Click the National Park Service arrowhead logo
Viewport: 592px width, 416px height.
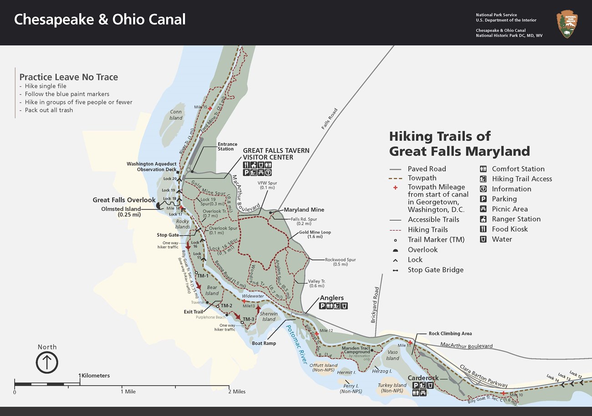567,25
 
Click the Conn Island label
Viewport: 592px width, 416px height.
176,115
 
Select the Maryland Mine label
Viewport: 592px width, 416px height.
304,210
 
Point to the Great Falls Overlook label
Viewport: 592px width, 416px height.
124,200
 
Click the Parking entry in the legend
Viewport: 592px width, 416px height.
504,199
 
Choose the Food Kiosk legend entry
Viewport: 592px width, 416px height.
510,229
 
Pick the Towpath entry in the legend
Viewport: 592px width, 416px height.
422,178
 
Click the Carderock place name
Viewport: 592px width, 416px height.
423,378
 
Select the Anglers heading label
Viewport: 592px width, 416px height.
332,298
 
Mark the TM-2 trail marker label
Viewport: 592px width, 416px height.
226,306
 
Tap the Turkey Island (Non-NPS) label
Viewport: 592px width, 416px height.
392,388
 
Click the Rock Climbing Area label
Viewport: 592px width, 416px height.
450,333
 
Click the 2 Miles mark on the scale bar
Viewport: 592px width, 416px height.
236,391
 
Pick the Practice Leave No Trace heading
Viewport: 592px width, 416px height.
68,77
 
